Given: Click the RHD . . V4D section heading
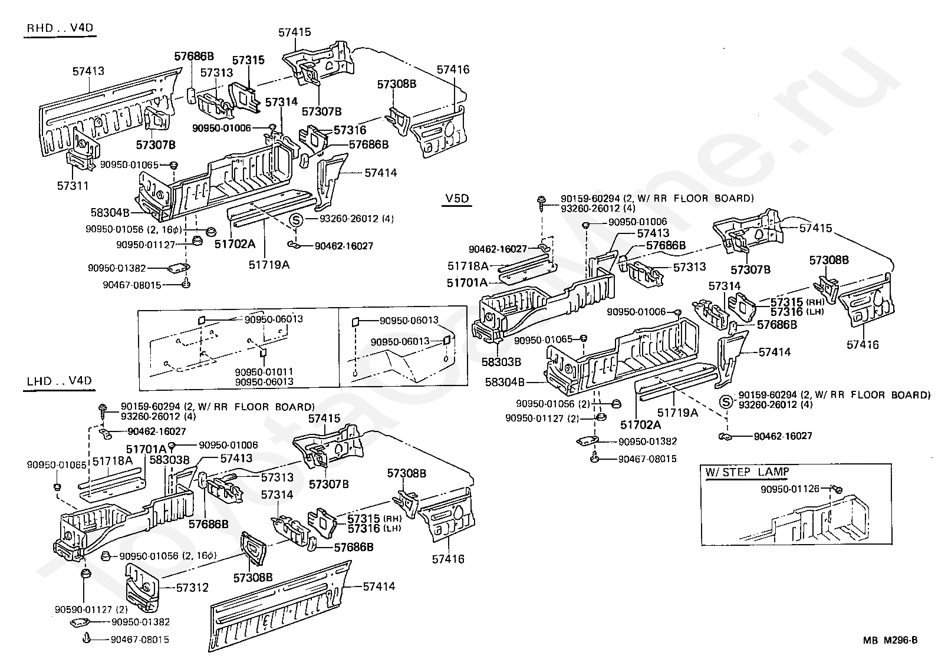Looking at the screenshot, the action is [x=60, y=28].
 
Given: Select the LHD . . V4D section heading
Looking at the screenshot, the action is [x=59, y=381].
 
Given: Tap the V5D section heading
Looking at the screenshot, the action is [x=457, y=198].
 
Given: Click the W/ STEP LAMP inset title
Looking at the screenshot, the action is [x=747, y=472].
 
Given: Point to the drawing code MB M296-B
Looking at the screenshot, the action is [x=890, y=640].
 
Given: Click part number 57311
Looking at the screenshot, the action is [x=73, y=186].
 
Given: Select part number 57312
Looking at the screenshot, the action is [x=193, y=588].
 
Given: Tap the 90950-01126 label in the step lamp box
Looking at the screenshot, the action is [x=790, y=489].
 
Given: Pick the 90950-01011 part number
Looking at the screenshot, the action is [x=264, y=371].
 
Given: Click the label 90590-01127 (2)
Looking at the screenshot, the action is [x=91, y=609].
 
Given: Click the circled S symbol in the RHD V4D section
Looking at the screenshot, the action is [x=296, y=220].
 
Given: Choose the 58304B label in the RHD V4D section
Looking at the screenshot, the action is [x=110, y=212].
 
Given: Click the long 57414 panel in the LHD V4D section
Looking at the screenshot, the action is [x=280, y=605].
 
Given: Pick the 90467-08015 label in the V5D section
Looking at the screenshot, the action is [x=647, y=459].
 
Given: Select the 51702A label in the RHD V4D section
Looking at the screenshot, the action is [x=235, y=244].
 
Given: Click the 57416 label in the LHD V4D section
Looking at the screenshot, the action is [x=448, y=559].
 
